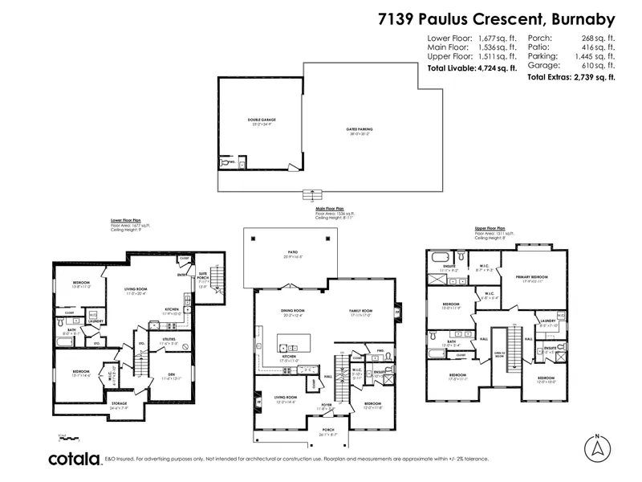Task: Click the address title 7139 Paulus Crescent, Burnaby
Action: click(x=495, y=19)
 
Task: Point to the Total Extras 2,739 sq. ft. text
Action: click(x=571, y=77)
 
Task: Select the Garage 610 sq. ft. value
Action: click(x=571, y=59)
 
